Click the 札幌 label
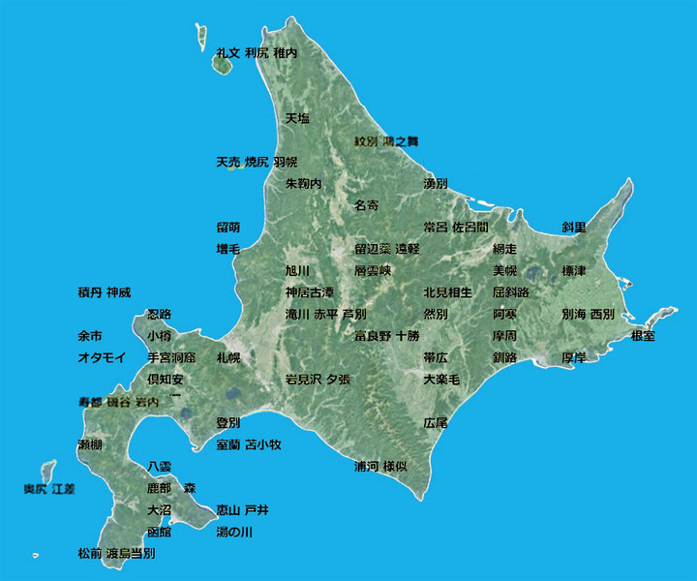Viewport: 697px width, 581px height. tap(227, 357)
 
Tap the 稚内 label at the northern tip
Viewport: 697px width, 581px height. tap(285, 53)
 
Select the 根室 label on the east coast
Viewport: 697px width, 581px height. tap(643, 335)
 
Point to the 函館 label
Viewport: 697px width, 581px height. tap(159, 532)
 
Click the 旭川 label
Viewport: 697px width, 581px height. tap(296, 270)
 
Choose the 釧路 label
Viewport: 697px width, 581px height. tap(504, 357)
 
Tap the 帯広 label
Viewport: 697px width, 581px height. tap(435, 357)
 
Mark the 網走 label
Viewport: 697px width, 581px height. tap(504, 249)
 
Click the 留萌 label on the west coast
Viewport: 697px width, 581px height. tap(227, 228)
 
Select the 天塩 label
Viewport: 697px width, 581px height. tap(296, 118)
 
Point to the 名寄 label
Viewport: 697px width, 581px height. tap(366, 205)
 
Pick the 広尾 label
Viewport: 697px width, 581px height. tap(435, 423)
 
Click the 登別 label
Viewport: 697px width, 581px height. tap(227, 423)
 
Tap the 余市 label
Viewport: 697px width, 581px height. tap(89, 336)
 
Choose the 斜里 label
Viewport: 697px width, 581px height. tap(574, 228)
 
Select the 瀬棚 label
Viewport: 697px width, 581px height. tap(89, 444)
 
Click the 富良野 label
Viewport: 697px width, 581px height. tap(372, 336)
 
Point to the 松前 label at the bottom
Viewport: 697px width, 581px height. tap(89, 554)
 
